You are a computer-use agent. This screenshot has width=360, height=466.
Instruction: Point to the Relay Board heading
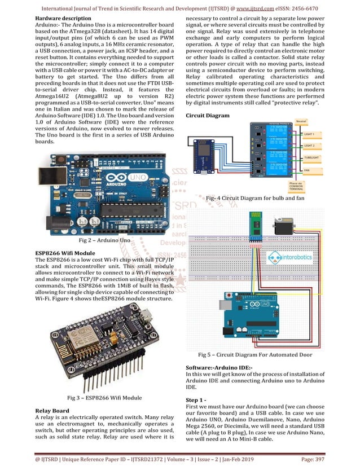tap(52, 410)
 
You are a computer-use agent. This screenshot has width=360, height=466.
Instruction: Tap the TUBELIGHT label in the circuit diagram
tap(314, 159)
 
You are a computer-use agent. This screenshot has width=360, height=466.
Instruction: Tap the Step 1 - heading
tap(198, 400)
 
